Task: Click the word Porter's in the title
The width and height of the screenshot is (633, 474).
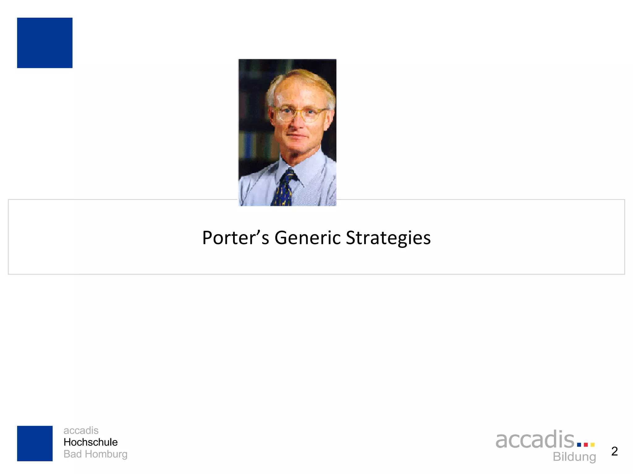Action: (x=236, y=238)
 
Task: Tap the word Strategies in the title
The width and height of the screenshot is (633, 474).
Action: (x=388, y=238)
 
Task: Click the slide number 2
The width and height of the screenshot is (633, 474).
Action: (x=614, y=451)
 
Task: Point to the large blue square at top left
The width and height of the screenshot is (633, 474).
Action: (x=45, y=43)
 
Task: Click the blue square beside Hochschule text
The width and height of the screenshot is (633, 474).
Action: (x=35, y=443)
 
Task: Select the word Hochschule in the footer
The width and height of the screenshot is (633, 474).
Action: (x=91, y=442)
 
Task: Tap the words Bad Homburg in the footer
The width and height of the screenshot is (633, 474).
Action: (x=95, y=454)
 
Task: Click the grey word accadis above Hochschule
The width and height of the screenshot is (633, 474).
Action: (x=81, y=430)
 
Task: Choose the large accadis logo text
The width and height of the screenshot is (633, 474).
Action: (x=535, y=440)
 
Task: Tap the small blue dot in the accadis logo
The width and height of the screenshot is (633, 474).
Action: (x=579, y=445)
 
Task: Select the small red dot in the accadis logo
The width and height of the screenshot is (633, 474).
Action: (x=586, y=445)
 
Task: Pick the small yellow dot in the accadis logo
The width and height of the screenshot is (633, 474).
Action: (x=593, y=445)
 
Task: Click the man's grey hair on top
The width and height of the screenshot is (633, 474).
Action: (x=301, y=76)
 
